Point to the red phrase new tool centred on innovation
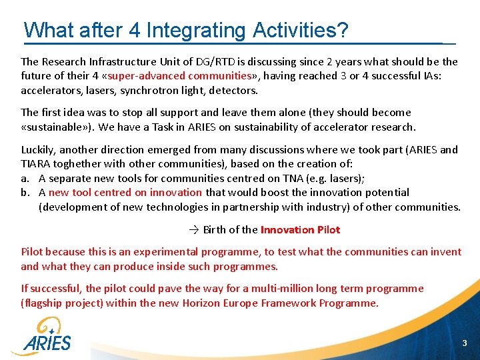pyautogui.click(x=125, y=192)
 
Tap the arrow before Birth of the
pyautogui.click(x=193, y=230)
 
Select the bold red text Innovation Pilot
pyautogui.click(x=300, y=230)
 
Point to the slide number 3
pyautogui.click(x=465, y=343)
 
